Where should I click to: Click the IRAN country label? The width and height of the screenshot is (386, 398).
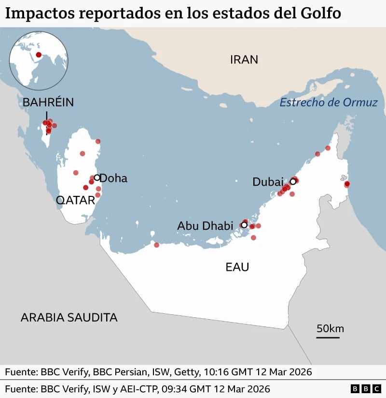(244, 59)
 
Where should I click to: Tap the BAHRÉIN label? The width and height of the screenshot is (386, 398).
(48, 103)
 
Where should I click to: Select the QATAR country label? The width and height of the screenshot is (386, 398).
(75, 200)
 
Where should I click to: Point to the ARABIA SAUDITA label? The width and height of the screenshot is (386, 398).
(69, 317)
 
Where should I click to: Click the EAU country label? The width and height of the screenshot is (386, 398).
(237, 266)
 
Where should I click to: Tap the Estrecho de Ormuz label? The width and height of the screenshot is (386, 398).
(329, 103)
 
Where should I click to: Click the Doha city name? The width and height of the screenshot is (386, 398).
(113, 178)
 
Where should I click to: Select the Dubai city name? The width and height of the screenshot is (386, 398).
(268, 182)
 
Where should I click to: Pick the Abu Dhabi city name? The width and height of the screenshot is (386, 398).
(205, 225)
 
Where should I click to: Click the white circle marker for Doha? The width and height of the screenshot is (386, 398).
(97, 177)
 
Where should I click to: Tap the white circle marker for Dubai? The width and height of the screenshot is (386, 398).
(292, 182)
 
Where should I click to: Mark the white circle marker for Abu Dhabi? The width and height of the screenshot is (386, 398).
(244, 225)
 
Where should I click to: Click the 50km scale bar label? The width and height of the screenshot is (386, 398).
(330, 329)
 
